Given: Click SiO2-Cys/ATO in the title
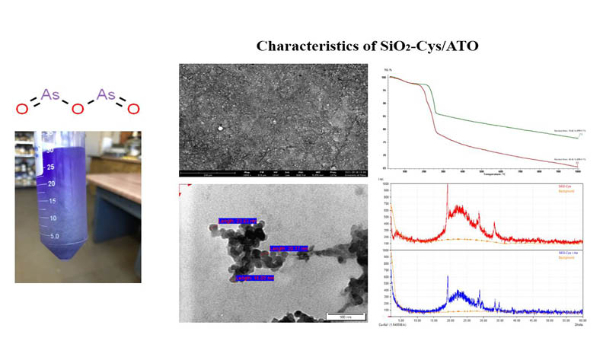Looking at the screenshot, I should [413, 46].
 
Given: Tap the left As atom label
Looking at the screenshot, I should [50, 94].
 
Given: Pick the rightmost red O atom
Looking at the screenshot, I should [133, 110].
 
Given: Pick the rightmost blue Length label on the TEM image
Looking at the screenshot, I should [288, 248].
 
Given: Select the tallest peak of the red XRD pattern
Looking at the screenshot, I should [447, 187].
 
